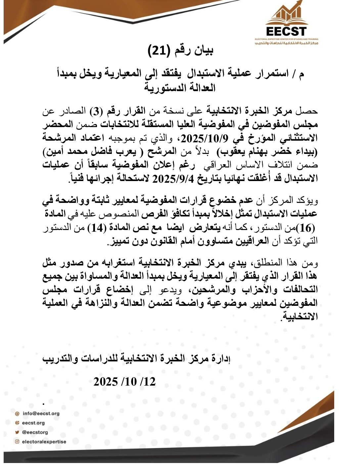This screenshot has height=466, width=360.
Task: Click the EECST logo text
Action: (287, 31)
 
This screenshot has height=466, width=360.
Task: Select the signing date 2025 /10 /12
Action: (124, 382)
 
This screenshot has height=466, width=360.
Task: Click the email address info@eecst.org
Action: (41, 413)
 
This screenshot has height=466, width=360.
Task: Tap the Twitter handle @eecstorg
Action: (35, 432)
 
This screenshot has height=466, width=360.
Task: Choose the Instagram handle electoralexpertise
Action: (44, 442)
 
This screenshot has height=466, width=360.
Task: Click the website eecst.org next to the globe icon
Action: (33, 423)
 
